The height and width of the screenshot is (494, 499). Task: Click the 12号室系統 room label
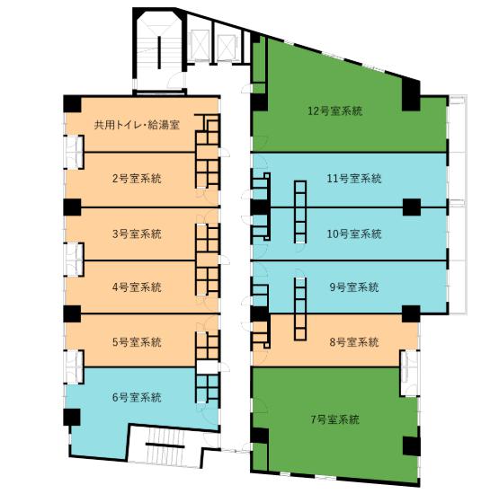(x=335, y=111)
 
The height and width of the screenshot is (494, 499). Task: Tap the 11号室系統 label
(x=354, y=179)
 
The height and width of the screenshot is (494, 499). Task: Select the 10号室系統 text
(x=354, y=234)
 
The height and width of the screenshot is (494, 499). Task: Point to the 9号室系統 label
(x=354, y=287)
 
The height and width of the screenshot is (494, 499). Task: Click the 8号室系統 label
(x=354, y=342)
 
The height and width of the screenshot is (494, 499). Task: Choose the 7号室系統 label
(x=335, y=419)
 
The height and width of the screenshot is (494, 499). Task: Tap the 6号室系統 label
(x=138, y=397)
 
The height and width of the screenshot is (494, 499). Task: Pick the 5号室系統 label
(x=138, y=342)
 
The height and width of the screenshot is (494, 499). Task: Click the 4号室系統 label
(x=138, y=287)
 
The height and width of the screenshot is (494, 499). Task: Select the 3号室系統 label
(x=138, y=234)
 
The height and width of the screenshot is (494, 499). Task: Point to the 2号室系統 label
(x=138, y=179)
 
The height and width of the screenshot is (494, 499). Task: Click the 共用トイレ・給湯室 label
(x=138, y=125)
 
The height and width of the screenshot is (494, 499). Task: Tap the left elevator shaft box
(x=200, y=45)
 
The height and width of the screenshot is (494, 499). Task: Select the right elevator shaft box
(x=227, y=48)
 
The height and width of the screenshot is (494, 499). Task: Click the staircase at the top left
(x=158, y=52)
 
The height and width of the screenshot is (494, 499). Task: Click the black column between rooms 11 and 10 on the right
(x=412, y=207)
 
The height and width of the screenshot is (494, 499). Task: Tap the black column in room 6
(x=72, y=417)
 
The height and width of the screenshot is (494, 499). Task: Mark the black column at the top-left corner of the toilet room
(x=72, y=104)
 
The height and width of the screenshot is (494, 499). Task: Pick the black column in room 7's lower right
(x=412, y=445)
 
